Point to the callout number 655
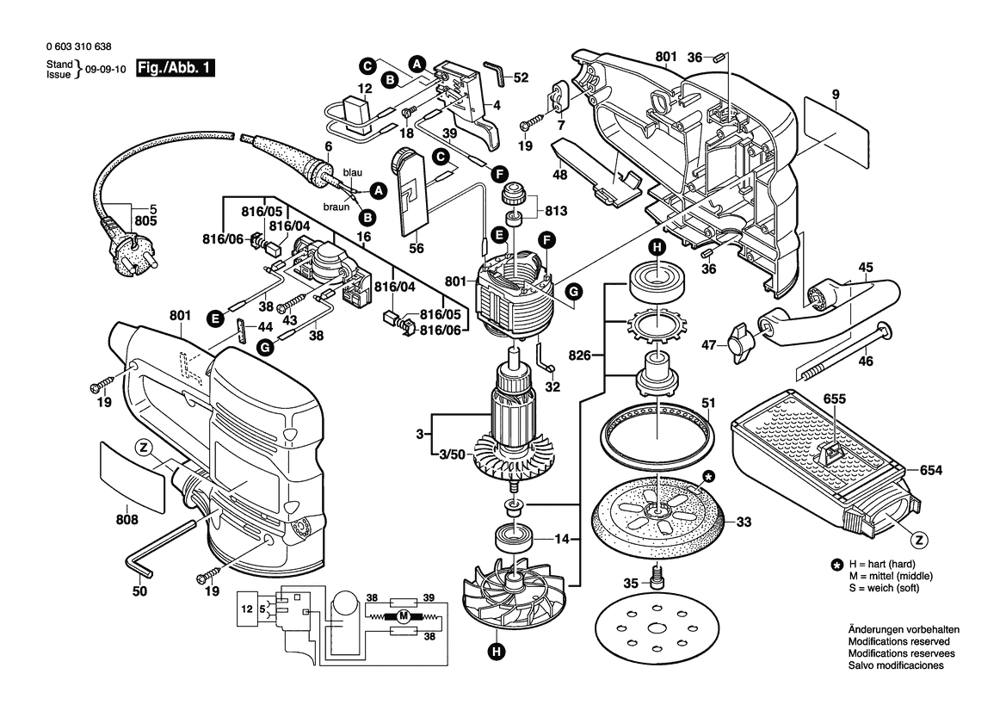(x=834, y=399)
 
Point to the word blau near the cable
(x=353, y=172)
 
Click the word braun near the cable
(x=336, y=207)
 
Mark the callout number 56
(x=417, y=248)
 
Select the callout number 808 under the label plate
(x=126, y=520)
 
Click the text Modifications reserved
(x=898, y=642)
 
